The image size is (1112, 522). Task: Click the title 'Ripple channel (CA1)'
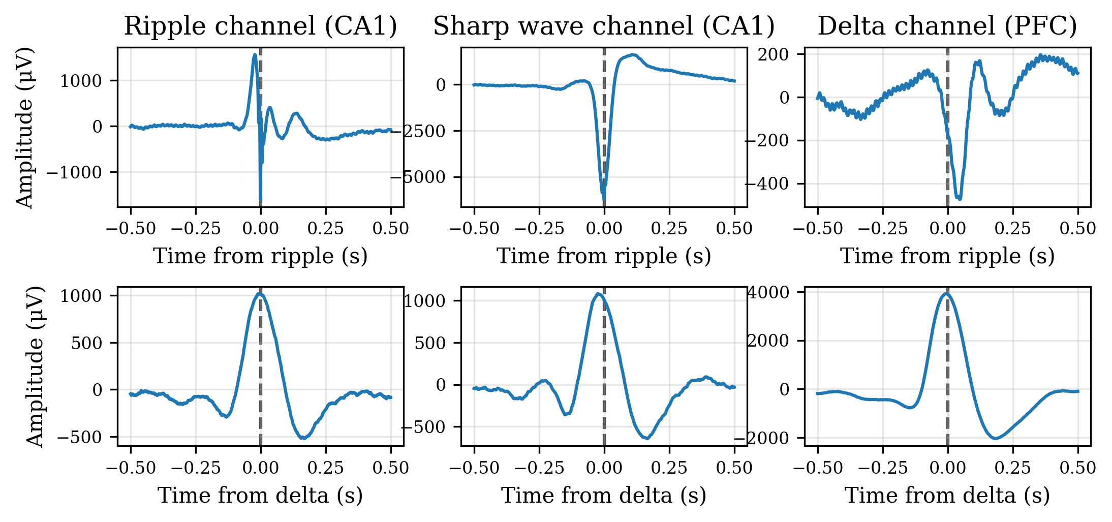pyautogui.click(x=260, y=25)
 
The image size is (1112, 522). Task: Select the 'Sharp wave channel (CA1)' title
pyautogui.click(x=604, y=25)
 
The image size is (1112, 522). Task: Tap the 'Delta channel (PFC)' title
pyautogui.click(x=947, y=25)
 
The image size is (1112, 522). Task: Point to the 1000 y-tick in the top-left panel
pyautogui.click(x=81, y=81)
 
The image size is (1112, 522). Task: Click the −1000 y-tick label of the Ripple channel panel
pyautogui.click(x=74, y=173)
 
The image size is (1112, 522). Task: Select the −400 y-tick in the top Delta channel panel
pyautogui.click(x=769, y=184)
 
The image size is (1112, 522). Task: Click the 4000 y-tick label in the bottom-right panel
pyautogui.click(x=768, y=292)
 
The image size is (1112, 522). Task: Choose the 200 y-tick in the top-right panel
pyautogui.click(x=773, y=54)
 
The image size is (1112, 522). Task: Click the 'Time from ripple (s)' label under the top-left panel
pyautogui.click(x=260, y=256)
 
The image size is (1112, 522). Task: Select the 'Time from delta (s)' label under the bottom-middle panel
pyautogui.click(x=604, y=496)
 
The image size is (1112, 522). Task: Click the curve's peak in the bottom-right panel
pyautogui.click(x=946, y=293)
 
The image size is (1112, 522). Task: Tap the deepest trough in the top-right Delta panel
pyautogui.click(x=959, y=198)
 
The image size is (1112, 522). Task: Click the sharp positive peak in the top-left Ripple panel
pyautogui.click(x=255, y=55)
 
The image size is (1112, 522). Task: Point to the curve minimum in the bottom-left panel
pyautogui.click(x=303, y=438)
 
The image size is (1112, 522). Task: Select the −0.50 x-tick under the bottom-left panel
pyautogui.click(x=131, y=468)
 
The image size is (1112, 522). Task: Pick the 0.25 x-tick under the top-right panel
pyautogui.click(x=1012, y=229)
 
